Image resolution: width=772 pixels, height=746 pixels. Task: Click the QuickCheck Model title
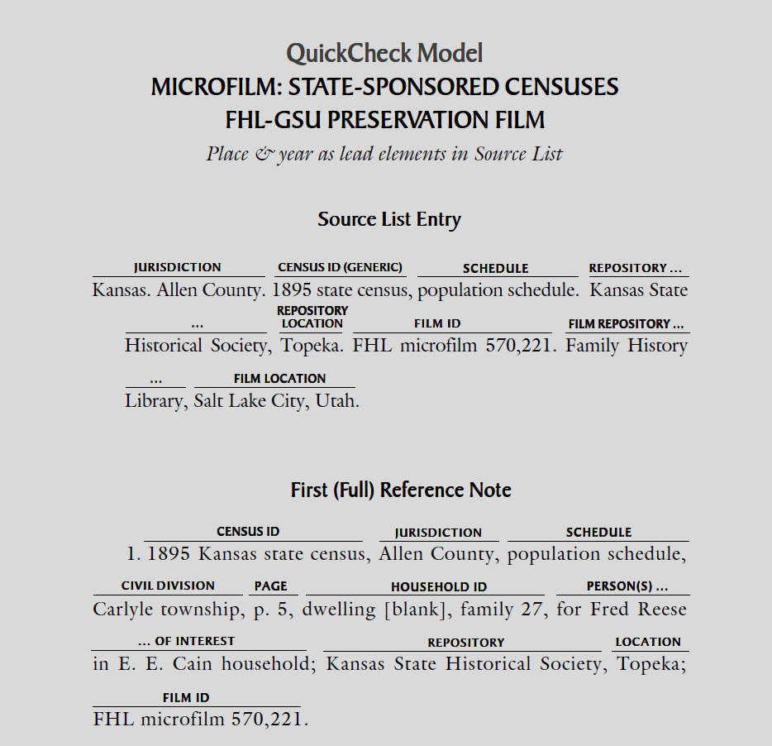(x=384, y=54)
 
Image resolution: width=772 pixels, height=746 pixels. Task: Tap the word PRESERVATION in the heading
(x=407, y=121)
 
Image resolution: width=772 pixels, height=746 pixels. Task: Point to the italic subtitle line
(x=384, y=154)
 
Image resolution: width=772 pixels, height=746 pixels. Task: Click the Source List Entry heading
(x=388, y=220)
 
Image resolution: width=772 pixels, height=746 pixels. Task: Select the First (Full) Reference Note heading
(x=401, y=490)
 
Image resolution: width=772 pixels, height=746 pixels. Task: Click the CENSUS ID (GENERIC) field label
(x=340, y=268)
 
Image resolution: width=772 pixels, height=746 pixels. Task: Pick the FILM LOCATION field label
(x=279, y=379)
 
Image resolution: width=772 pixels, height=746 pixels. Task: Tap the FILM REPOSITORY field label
(x=626, y=324)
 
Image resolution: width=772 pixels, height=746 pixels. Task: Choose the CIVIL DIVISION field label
(x=168, y=586)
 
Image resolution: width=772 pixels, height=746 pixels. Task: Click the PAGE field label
(x=270, y=586)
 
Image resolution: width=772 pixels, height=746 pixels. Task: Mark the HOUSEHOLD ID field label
(x=439, y=587)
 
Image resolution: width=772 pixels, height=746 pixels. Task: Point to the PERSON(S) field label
(x=627, y=586)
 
